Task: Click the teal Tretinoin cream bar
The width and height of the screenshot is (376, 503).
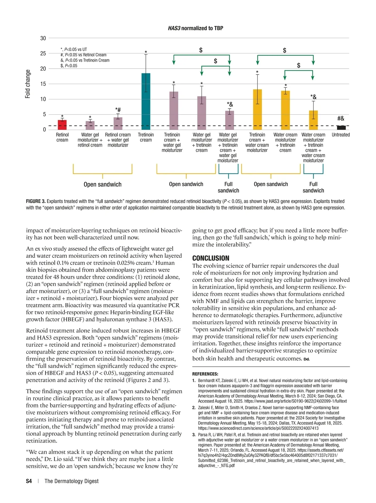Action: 146,101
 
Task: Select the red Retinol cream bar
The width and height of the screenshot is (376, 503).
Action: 62,125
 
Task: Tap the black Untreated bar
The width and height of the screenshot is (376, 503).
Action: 341,127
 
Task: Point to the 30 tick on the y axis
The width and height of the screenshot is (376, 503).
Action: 43,38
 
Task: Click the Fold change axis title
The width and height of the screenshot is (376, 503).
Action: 28,84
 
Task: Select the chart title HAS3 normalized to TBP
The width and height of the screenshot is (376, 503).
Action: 196,28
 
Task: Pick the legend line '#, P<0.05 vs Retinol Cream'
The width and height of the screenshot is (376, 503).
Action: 83,55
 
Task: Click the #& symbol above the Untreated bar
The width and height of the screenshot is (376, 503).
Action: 341,118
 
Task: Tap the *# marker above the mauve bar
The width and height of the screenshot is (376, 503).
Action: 118,110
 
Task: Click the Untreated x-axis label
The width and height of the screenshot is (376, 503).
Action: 341,135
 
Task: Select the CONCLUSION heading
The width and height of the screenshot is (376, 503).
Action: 211,258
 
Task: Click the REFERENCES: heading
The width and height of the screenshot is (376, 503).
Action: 205,374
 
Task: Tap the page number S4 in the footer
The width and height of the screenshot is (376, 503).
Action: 29,481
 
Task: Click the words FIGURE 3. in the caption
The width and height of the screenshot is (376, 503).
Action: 36,201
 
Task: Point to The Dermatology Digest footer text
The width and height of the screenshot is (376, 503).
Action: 71,481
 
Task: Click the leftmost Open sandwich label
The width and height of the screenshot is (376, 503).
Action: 102,184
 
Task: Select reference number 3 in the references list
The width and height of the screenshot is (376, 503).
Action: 194,435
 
